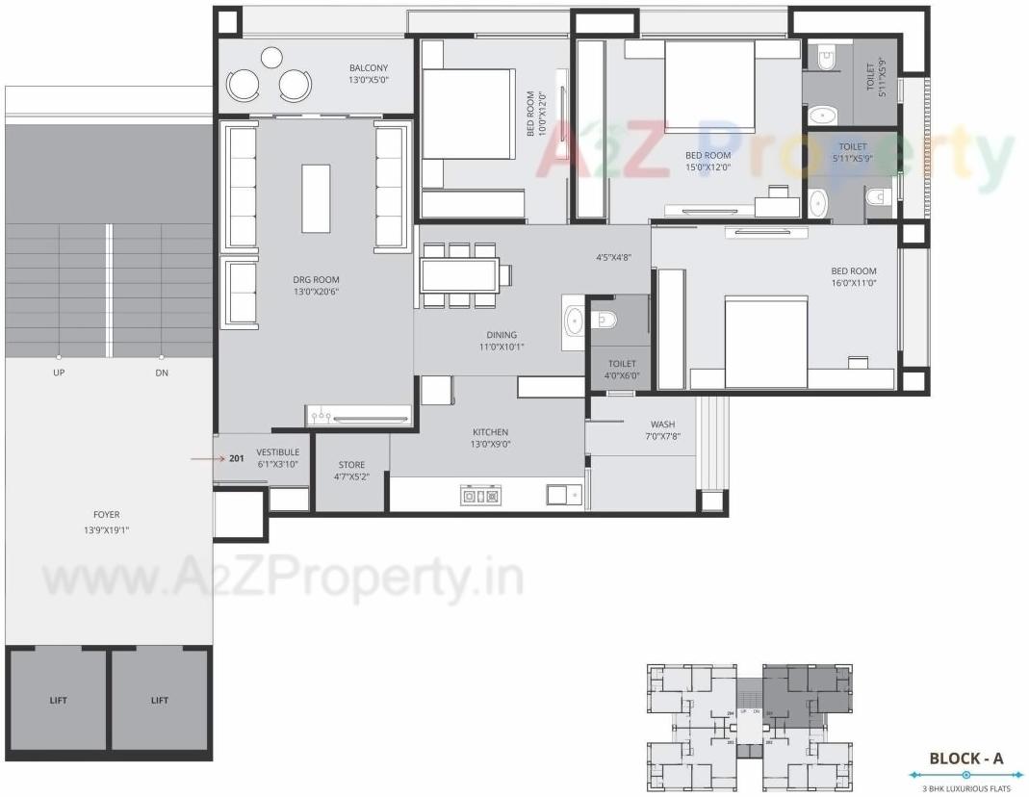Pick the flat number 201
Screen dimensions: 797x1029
(x=237, y=458)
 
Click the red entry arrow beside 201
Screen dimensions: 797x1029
(x=206, y=458)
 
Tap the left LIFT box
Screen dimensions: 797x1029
(x=59, y=700)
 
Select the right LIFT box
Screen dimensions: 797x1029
(x=160, y=700)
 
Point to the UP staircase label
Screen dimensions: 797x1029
(x=60, y=373)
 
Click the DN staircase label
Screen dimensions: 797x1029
(x=161, y=373)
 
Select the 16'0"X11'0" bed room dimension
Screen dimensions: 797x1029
(x=855, y=283)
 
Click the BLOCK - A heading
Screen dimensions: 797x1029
(x=965, y=758)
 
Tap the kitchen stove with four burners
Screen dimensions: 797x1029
(x=480, y=497)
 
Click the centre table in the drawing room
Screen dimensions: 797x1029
(x=316, y=198)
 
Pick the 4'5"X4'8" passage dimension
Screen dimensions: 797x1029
(x=613, y=257)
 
